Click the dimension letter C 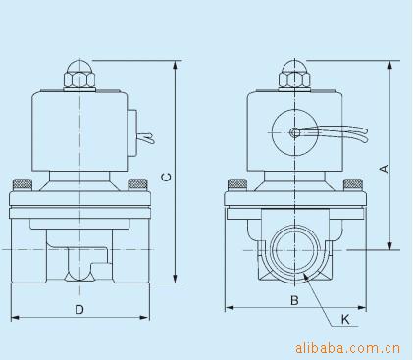[x=167, y=177]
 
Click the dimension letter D [x=79, y=309]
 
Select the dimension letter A [x=385, y=168]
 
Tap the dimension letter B [x=294, y=300]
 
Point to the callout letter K [x=345, y=319]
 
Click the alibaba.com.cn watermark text [x=347, y=348]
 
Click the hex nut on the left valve [x=80, y=79]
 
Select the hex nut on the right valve [x=294, y=79]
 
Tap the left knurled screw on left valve [x=23, y=184]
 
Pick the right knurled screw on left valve [x=137, y=184]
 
